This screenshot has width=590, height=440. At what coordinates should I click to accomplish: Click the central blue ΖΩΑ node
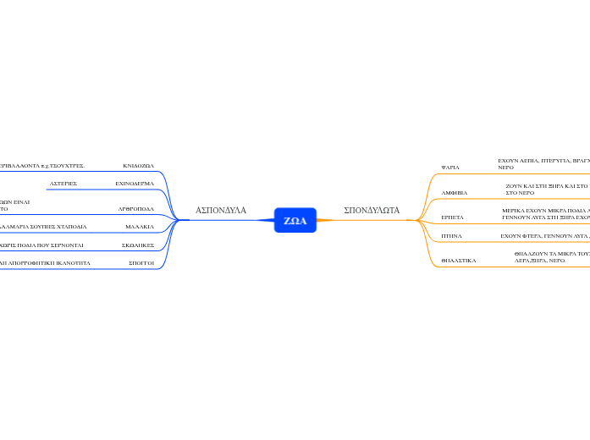pyautogui.click(x=295, y=221)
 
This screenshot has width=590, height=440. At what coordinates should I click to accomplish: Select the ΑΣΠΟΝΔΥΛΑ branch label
pyautogui.click(x=221, y=210)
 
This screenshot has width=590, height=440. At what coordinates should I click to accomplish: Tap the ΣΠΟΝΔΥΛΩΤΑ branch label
pyautogui.click(x=372, y=210)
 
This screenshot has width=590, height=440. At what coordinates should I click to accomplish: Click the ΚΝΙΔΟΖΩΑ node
pyautogui.click(x=138, y=166)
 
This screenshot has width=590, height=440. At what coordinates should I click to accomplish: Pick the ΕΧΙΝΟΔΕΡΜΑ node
pyautogui.click(x=135, y=183)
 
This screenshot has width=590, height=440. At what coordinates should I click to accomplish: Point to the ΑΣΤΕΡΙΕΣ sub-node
pyautogui.click(x=63, y=183)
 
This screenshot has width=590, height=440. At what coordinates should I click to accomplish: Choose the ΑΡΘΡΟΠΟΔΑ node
pyautogui.click(x=135, y=208)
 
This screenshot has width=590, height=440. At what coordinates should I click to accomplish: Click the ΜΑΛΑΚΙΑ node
pyautogui.click(x=140, y=227)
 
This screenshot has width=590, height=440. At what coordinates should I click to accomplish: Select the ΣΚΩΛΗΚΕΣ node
pyautogui.click(x=137, y=245)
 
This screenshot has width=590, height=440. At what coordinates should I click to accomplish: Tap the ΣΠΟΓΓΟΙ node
pyautogui.click(x=141, y=263)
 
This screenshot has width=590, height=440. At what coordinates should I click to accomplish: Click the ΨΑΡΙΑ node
pyautogui.click(x=450, y=168)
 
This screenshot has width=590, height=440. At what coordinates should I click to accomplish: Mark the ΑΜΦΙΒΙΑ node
pyautogui.click(x=455, y=193)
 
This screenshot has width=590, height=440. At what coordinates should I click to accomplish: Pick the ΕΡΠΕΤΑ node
pyautogui.click(x=453, y=217)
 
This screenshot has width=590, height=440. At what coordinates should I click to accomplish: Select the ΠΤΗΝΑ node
pyautogui.click(x=451, y=237)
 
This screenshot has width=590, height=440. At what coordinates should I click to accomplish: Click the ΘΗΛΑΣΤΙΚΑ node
pyautogui.click(x=459, y=261)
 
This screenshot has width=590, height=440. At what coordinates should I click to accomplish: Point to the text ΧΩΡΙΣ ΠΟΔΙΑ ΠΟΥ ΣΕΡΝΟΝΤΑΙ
pyautogui.click(x=42, y=245)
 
